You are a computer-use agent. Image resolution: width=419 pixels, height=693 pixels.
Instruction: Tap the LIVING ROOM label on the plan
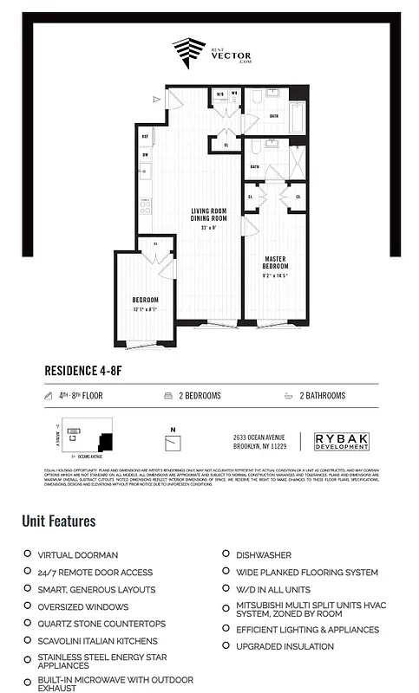coord(208,210)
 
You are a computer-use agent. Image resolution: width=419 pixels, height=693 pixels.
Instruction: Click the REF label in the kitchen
coord(145,136)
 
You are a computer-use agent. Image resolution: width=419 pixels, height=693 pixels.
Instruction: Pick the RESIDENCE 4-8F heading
coord(90,370)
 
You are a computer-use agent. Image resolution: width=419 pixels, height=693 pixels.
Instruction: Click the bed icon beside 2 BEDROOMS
coord(167,396)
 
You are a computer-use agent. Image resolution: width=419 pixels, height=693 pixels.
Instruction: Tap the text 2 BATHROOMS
coord(323,396)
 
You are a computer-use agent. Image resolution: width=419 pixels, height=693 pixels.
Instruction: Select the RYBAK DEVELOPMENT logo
coord(342,441)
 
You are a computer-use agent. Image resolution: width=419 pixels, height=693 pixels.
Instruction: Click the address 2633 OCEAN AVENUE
coord(260,437)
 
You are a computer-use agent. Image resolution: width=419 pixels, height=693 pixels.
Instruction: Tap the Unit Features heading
coord(59,521)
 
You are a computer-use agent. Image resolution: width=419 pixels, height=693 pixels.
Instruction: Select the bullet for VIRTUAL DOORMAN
coord(27,554)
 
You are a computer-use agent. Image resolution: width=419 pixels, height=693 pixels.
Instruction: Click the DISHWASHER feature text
coord(263,554)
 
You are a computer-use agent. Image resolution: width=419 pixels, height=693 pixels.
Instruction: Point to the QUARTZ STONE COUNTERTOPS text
coord(101,624)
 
